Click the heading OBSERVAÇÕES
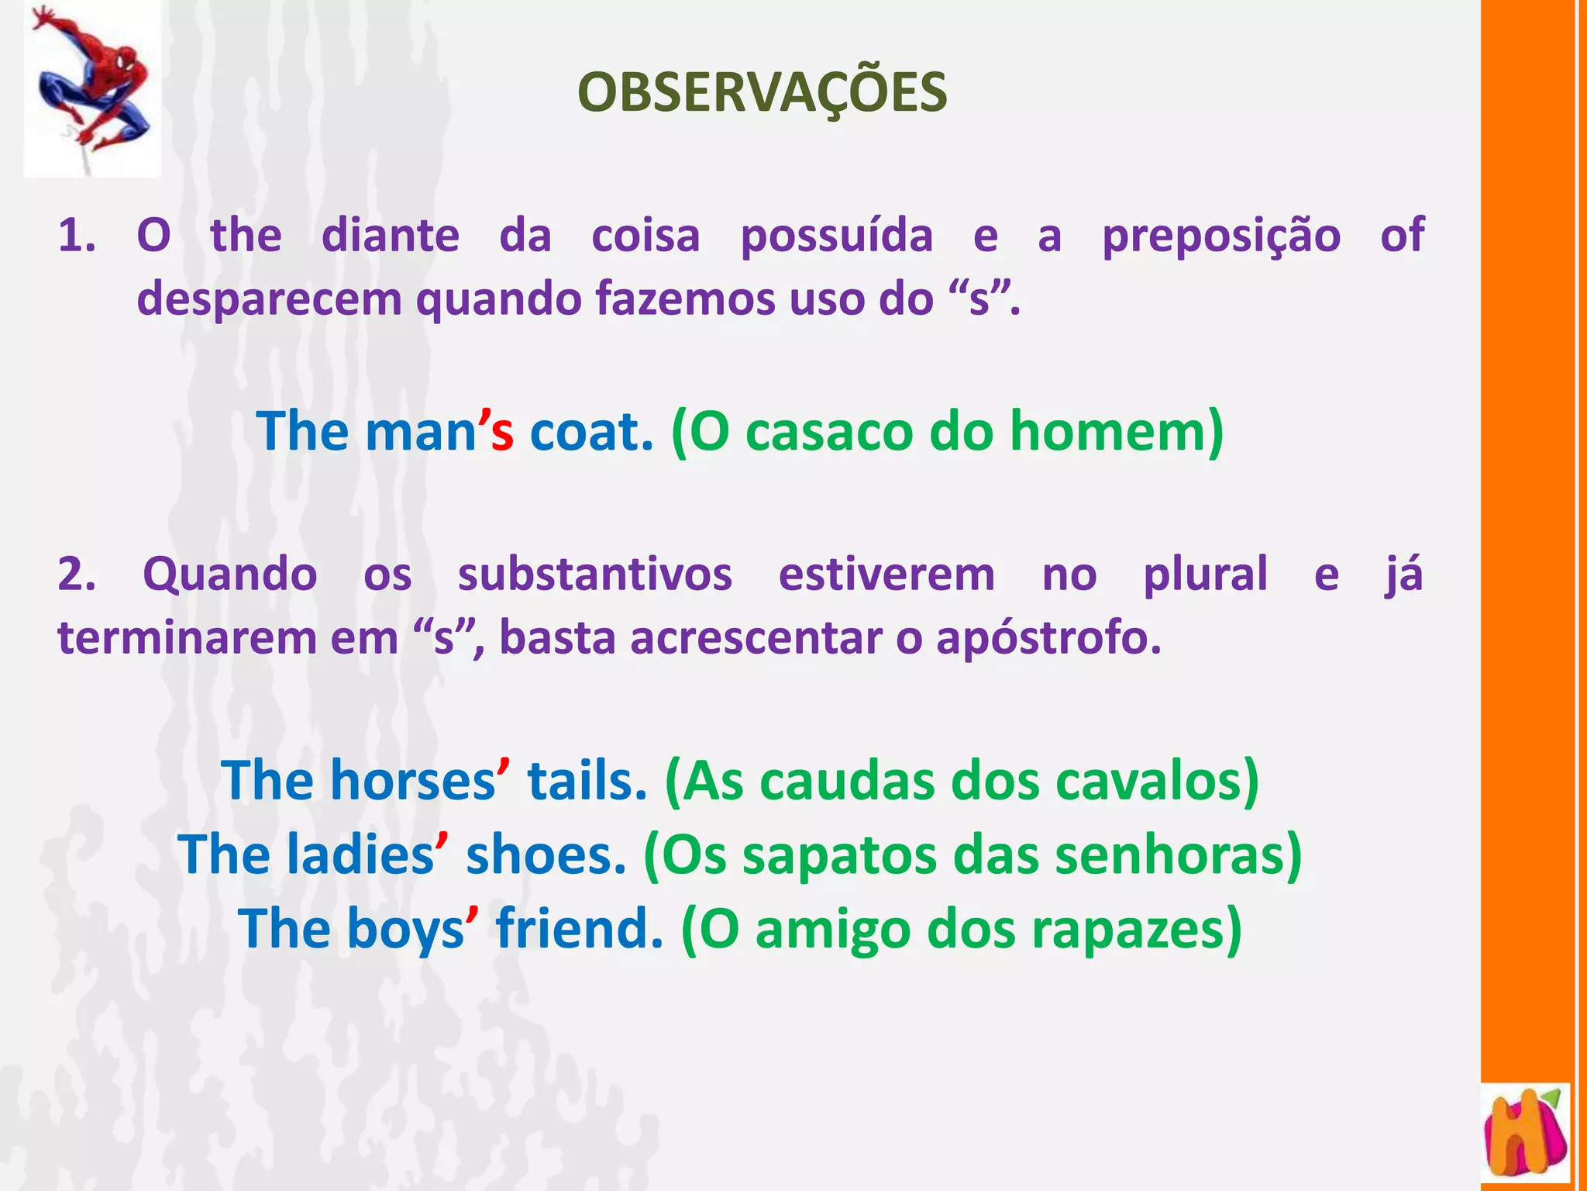tap(762, 93)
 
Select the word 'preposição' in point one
tap(1221, 235)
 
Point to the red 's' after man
tap(502, 433)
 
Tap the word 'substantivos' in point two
tap(594, 575)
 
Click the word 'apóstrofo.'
tap(1048, 639)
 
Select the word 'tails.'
tap(587, 780)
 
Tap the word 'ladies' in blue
tap(360, 854)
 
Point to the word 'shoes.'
tap(546, 854)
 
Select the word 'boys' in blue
tap(405, 929)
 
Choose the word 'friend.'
tap(580, 929)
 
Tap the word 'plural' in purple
tap(1206, 575)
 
